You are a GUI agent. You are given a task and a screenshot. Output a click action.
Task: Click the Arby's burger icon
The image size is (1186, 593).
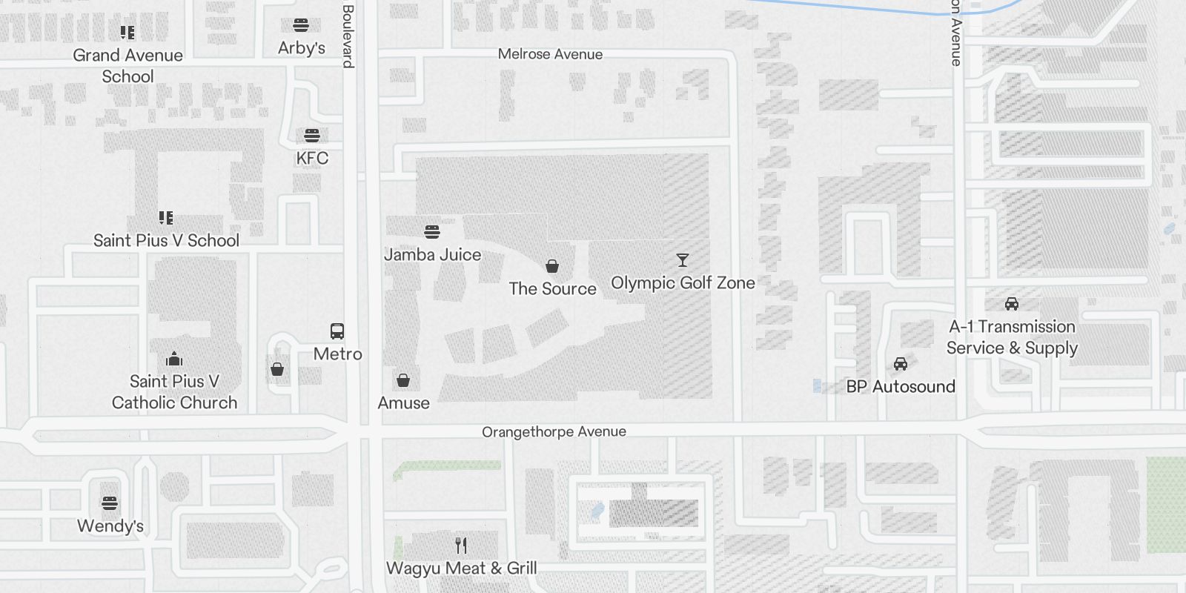[301, 26]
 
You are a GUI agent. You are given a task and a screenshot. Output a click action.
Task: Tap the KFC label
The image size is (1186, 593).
[312, 158]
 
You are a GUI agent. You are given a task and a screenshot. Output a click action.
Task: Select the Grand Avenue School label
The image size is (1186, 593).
[127, 65]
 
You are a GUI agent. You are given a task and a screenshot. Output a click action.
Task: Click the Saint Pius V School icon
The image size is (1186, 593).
[166, 218]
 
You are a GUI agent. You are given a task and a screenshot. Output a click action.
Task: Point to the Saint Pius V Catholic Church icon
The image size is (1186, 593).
[174, 360]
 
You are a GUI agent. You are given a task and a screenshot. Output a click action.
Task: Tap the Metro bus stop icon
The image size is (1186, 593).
[337, 331]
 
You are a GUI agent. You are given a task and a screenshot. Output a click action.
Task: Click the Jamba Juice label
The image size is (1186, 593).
[432, 254]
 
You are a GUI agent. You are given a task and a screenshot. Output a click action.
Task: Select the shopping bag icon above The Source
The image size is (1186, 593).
[552, 266]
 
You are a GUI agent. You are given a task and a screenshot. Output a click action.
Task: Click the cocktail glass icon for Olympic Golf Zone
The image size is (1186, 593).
[683, 260]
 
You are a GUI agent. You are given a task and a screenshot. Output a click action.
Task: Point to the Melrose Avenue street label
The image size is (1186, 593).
[550, 54]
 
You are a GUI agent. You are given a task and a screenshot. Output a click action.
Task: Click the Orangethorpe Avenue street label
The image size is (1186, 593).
[554, 431]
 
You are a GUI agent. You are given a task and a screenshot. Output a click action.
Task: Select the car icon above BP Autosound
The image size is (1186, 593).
[901, 364]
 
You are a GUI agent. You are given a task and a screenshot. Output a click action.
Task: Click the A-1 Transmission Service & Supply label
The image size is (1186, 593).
[1012, 337]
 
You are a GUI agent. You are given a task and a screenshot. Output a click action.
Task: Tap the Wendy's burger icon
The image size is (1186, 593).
[110, 504]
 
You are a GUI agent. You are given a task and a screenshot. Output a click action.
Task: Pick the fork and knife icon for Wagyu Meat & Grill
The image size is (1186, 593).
[461, 546]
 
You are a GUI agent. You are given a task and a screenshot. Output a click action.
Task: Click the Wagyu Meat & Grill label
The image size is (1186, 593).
[461, 569]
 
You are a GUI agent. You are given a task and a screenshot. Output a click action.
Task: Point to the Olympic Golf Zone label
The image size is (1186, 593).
[683, 282]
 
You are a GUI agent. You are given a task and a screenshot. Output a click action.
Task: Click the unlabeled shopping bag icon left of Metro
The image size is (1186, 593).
[277, 369]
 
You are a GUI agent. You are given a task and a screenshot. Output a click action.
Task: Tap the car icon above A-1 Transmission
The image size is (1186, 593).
[1012, 304]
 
